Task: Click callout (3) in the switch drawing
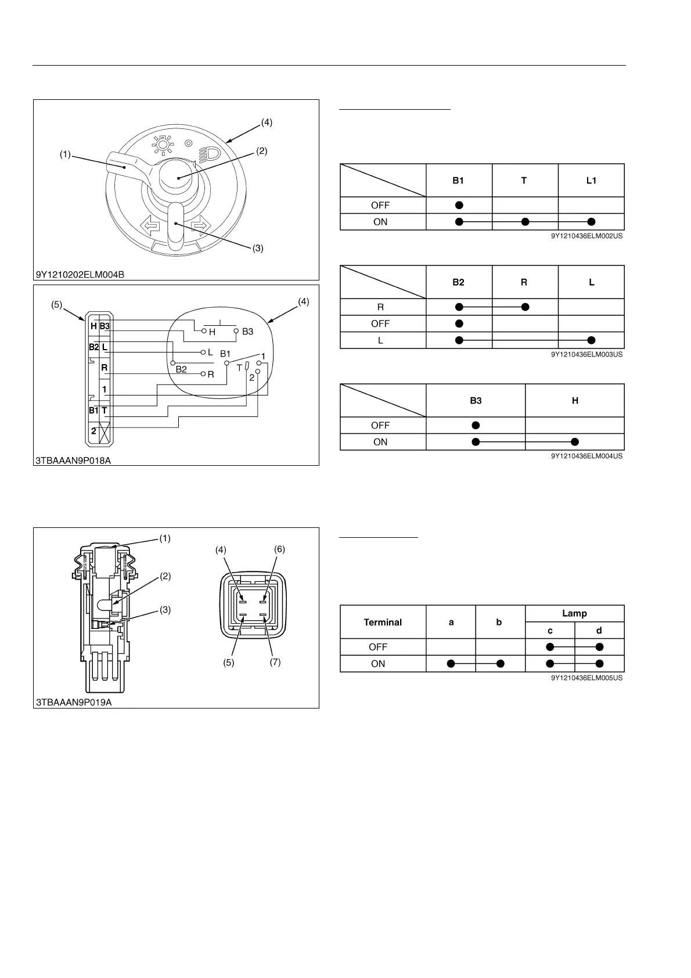(258, 248)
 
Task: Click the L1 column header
(591, 181)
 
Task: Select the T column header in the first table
(524, 181)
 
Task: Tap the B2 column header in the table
(458, 282)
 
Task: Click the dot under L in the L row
(591, 340)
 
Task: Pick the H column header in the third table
(575, 401)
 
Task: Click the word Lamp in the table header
(574, 613)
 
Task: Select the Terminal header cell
(383, 622)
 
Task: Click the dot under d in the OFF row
(599, 647)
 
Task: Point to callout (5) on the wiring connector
(56, 303)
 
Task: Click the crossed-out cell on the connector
(105, 432)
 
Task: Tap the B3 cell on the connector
(105, 326)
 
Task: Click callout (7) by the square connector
(275, 662)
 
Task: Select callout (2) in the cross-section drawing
(165, 576)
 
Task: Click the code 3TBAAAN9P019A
(74, 702)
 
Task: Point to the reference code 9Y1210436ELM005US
(586, 678)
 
